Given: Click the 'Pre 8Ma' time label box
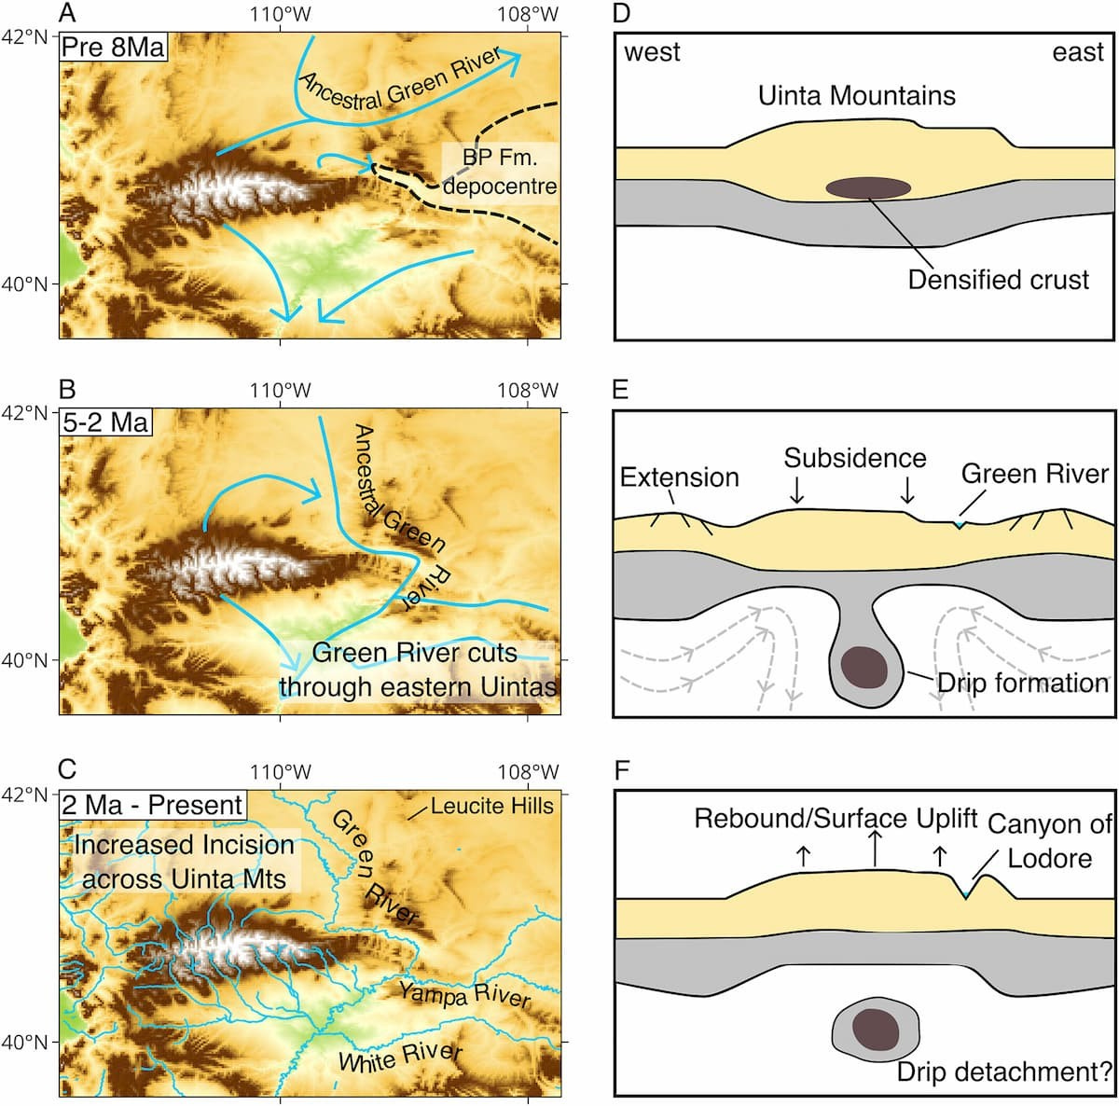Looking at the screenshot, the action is pos(113,47).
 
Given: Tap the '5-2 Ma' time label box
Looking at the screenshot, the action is pos(105,422).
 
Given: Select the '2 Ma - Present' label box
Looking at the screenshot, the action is pos(153,805).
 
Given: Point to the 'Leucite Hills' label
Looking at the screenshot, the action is pos(491,807).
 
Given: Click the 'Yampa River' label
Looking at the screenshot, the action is pos(464,995).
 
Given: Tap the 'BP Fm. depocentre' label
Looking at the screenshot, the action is pos(500,173).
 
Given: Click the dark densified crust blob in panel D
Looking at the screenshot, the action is pos(868,188).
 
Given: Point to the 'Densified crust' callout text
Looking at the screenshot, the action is pos(998,280).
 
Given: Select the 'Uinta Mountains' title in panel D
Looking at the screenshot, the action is pos(857,96).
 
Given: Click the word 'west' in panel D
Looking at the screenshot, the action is pos(652,52).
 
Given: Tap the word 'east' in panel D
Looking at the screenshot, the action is pos(1078,52).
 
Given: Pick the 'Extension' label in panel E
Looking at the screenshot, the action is pos(680,477).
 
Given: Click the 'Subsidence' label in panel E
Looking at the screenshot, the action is pos(855,458).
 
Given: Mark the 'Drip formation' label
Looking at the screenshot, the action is pos(1023,684).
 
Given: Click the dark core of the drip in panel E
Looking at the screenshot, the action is pos(864,668).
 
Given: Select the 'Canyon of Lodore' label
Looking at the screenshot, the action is pos(1050,841).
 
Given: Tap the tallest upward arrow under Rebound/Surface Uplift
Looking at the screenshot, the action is pos(875,848).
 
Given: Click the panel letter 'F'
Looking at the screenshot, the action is pos(621,771).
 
